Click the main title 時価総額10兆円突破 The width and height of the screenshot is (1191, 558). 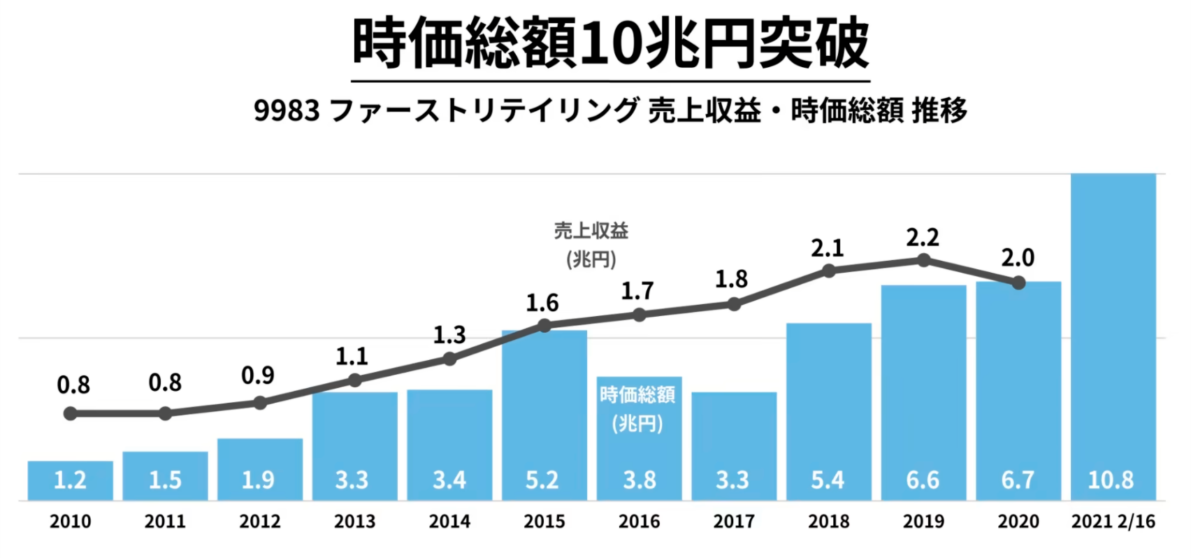[x=610, y=43]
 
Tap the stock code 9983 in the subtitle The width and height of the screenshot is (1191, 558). [x=287, y=110]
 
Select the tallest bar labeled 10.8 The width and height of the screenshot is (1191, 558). [x=1113, y=336]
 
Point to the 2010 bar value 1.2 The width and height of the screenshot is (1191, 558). [x=70, y=480]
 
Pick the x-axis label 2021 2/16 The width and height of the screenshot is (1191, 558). [x=1113, y=522]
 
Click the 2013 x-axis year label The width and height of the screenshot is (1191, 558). [x=354, y=522]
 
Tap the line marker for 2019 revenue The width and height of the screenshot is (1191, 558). [x=923, y=260]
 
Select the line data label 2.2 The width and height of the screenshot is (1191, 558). [x=923, y=238]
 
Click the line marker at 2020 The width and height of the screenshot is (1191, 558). [x=1018, y=283]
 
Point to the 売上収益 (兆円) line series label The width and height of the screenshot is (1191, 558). [x=591, y=245]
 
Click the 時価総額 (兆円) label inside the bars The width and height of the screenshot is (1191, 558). [x=637, y=409]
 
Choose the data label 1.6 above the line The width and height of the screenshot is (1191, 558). [x=542, y=303]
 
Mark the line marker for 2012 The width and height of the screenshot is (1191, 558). [x=260, y=403]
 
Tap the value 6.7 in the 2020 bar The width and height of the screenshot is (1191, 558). [x=1018, y=480]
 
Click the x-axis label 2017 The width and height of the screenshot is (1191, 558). [x=733, y=522]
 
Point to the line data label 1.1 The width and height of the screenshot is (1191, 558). [x=352, y=357]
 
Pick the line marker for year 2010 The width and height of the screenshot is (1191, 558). [x=70, y=414]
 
